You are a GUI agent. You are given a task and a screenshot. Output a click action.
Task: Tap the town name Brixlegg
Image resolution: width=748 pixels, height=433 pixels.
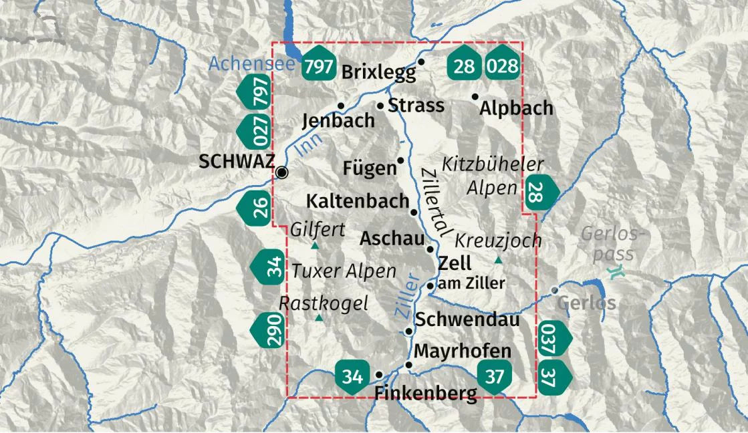click(x=378, y=73)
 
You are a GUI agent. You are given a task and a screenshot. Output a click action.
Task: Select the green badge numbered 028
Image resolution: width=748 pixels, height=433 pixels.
click(x=503, y=65)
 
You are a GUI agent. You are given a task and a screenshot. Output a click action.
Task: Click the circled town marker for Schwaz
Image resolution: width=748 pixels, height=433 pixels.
click(x=282, y=173)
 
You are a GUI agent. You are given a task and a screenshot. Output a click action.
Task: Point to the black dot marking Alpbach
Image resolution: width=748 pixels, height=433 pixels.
click(x=475, y=97)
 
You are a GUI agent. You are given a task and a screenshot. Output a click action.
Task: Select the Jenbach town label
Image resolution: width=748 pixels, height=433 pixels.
click(x=338, y=121)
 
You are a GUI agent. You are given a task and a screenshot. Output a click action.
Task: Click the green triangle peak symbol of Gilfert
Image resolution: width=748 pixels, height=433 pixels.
click(x=314, y=246)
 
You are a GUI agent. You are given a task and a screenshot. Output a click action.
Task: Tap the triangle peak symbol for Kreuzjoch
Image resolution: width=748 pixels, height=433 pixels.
click(x=498, y=259)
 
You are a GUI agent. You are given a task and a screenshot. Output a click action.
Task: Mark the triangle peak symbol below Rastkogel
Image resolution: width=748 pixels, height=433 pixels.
click(x=319, y=317)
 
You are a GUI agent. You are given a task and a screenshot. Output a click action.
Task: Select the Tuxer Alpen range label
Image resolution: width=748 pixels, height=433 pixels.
click(x=344, y=271)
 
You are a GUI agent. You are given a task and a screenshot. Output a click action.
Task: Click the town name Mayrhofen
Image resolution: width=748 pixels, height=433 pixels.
click(x=463, y=351)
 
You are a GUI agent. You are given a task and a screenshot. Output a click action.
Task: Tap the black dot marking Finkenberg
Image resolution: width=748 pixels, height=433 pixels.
click(x=379, y=375)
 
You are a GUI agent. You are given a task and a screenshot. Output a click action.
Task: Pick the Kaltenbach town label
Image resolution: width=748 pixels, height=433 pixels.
click(x=357, y=201)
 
